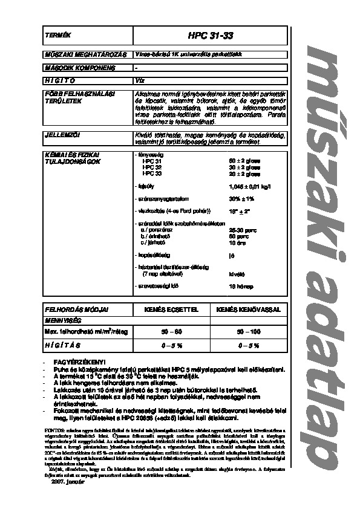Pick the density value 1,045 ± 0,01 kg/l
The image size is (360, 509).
point(247,187)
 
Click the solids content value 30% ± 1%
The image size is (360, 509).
point(241,199)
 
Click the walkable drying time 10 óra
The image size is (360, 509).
point(237,242)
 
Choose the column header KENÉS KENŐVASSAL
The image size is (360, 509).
point(249,309)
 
